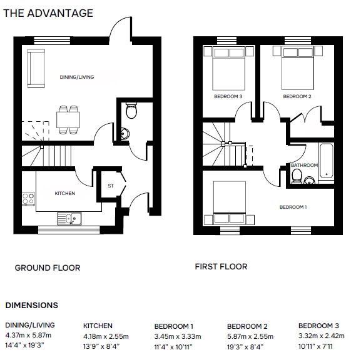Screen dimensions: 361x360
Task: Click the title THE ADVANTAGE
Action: point(48,13)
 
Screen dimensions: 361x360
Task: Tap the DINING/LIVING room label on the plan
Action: point(77,77)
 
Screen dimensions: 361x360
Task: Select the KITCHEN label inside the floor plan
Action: point(65,193)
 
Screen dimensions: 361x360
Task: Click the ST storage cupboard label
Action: point(111,186)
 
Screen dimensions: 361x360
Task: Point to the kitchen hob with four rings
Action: point(28,199)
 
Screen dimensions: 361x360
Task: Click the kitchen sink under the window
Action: point(69,218)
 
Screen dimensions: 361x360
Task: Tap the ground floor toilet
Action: point(131,111)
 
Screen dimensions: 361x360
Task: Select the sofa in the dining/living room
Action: point(36,68)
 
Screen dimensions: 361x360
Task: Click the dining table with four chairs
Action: point(68,119)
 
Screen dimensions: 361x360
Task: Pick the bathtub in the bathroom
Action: point(326,161)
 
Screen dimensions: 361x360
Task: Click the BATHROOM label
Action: point(304,165)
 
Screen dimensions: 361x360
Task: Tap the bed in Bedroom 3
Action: point(228,68)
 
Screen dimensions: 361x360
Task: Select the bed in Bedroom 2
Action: point(298,68)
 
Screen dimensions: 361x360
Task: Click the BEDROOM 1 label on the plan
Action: point(293,207)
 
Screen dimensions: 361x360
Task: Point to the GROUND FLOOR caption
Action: point(48,267)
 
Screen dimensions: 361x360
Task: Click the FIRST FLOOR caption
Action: point(221,267)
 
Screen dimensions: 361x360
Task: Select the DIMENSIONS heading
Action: point(31,305)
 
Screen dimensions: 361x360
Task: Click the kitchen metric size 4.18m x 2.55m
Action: point(106,336)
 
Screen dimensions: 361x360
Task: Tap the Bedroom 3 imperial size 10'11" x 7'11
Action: point(315,346)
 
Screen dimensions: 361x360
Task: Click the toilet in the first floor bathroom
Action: point(297,176)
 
